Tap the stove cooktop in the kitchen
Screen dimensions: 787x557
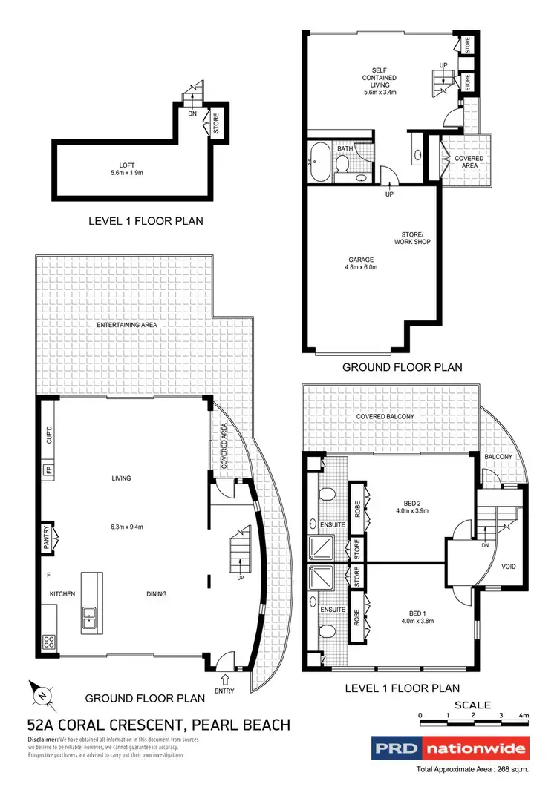[x=50, y=641]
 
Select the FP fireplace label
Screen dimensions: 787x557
[x=49, y=470]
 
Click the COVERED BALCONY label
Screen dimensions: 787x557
[x=385, y=417]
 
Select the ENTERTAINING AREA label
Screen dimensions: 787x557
[x=126, y=325]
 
